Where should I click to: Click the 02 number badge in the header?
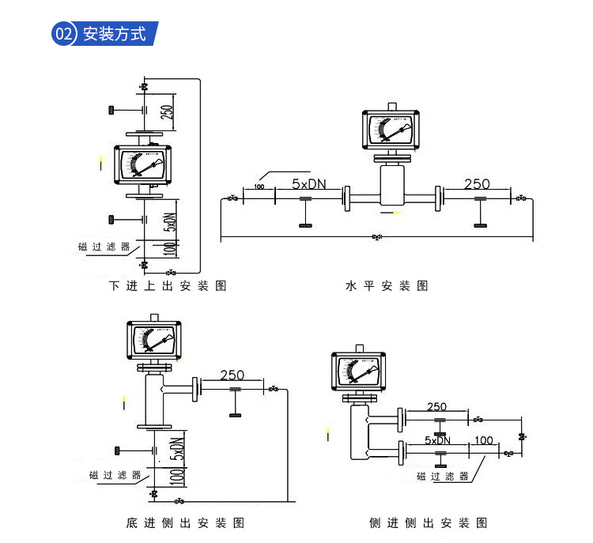pos(64,34)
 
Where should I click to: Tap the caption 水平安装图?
pos(387,285)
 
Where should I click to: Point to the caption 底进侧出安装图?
pos(184,522)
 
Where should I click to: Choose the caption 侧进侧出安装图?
pos(428,522)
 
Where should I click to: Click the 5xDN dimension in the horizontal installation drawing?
pos(308,184)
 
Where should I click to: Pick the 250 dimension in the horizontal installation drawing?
pos(477,184)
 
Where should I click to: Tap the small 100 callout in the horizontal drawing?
pos(259,187)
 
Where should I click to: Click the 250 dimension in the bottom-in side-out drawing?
pos(232,375)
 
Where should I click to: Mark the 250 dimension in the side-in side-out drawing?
pos(436,407)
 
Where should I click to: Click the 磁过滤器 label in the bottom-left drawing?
pos(115,475)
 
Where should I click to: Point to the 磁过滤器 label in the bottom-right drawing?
pos(443,476)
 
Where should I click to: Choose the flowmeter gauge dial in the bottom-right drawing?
pos(359,372)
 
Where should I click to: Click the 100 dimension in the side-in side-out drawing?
pos(484,440)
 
